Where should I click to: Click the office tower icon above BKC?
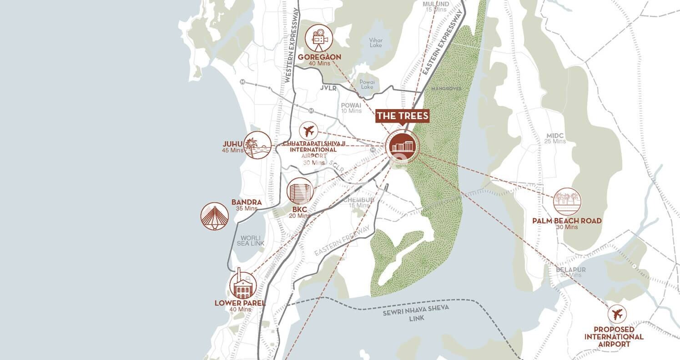[x=300, y=191]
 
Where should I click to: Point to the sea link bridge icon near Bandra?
[x=215, y=216]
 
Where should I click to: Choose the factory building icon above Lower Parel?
[x=242, y=285]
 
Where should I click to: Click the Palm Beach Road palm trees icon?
[x=567, y=202]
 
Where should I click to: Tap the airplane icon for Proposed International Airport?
[x=617, y=314]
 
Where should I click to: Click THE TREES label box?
[x=403, y=116]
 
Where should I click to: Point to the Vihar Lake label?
[x=376, y=43]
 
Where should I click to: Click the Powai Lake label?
[x=366, y=84]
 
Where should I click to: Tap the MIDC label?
[x=555, y=136]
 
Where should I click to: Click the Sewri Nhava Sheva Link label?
[x=416, y=313]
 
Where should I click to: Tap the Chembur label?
[x=358, y=200]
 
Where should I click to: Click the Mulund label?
[x=436, y=4]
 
